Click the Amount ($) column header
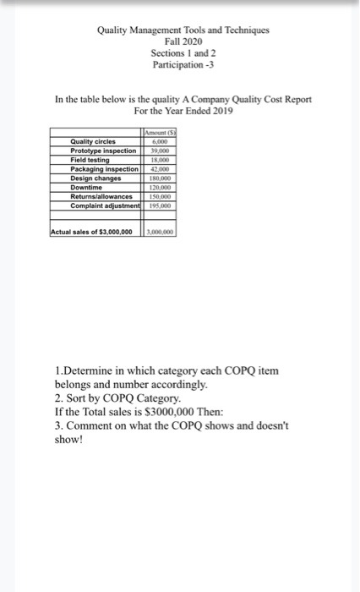click(x=158, y=134)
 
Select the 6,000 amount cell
click(x=158, y=142)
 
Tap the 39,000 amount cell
click(x=158, y=151)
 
